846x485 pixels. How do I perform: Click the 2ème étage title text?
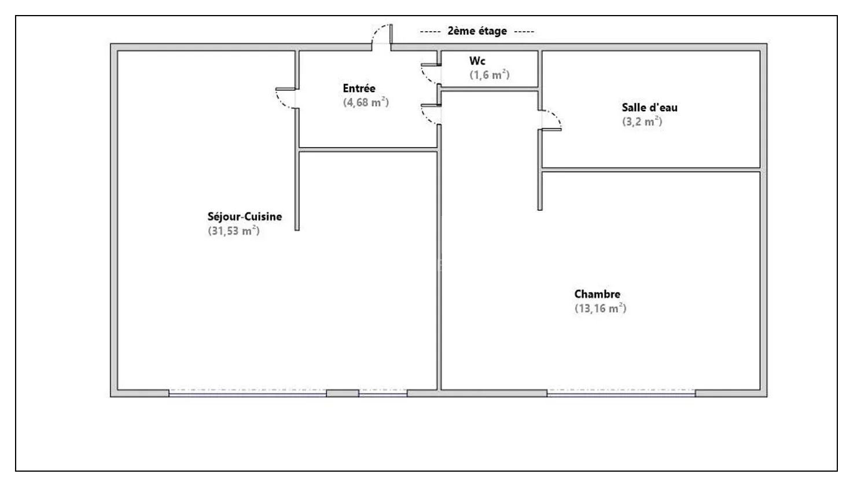tap(477, 31)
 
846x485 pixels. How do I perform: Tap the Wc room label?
tap(477, 61)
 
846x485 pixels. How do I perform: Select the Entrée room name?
tap(359, 89)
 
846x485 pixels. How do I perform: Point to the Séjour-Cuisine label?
tap(245, 217)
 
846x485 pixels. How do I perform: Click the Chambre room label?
tap(597, 294)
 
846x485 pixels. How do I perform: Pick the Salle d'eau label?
tap(650, 108)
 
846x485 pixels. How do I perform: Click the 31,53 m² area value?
tap(234, 231)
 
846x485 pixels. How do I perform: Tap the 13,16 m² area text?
tap(601, 308)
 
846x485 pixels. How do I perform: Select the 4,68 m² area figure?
tap(366, 102)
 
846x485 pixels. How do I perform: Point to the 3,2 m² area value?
tap(642, 122)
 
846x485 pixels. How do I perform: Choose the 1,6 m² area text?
tap(490, 75)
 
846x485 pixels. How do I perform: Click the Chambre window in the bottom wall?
tap(621, 393)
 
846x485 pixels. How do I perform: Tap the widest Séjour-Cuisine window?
tap(248, 393)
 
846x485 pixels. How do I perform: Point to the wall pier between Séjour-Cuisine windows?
tap(343, 393)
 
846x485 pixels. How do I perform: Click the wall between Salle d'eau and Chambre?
tap(651, 170)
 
